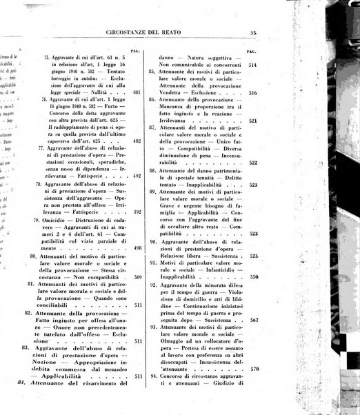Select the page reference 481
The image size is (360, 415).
(136, 92)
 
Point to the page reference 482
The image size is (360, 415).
(137, 141)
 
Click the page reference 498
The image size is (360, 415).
(137, 247)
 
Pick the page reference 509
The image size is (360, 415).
(137, 278)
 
